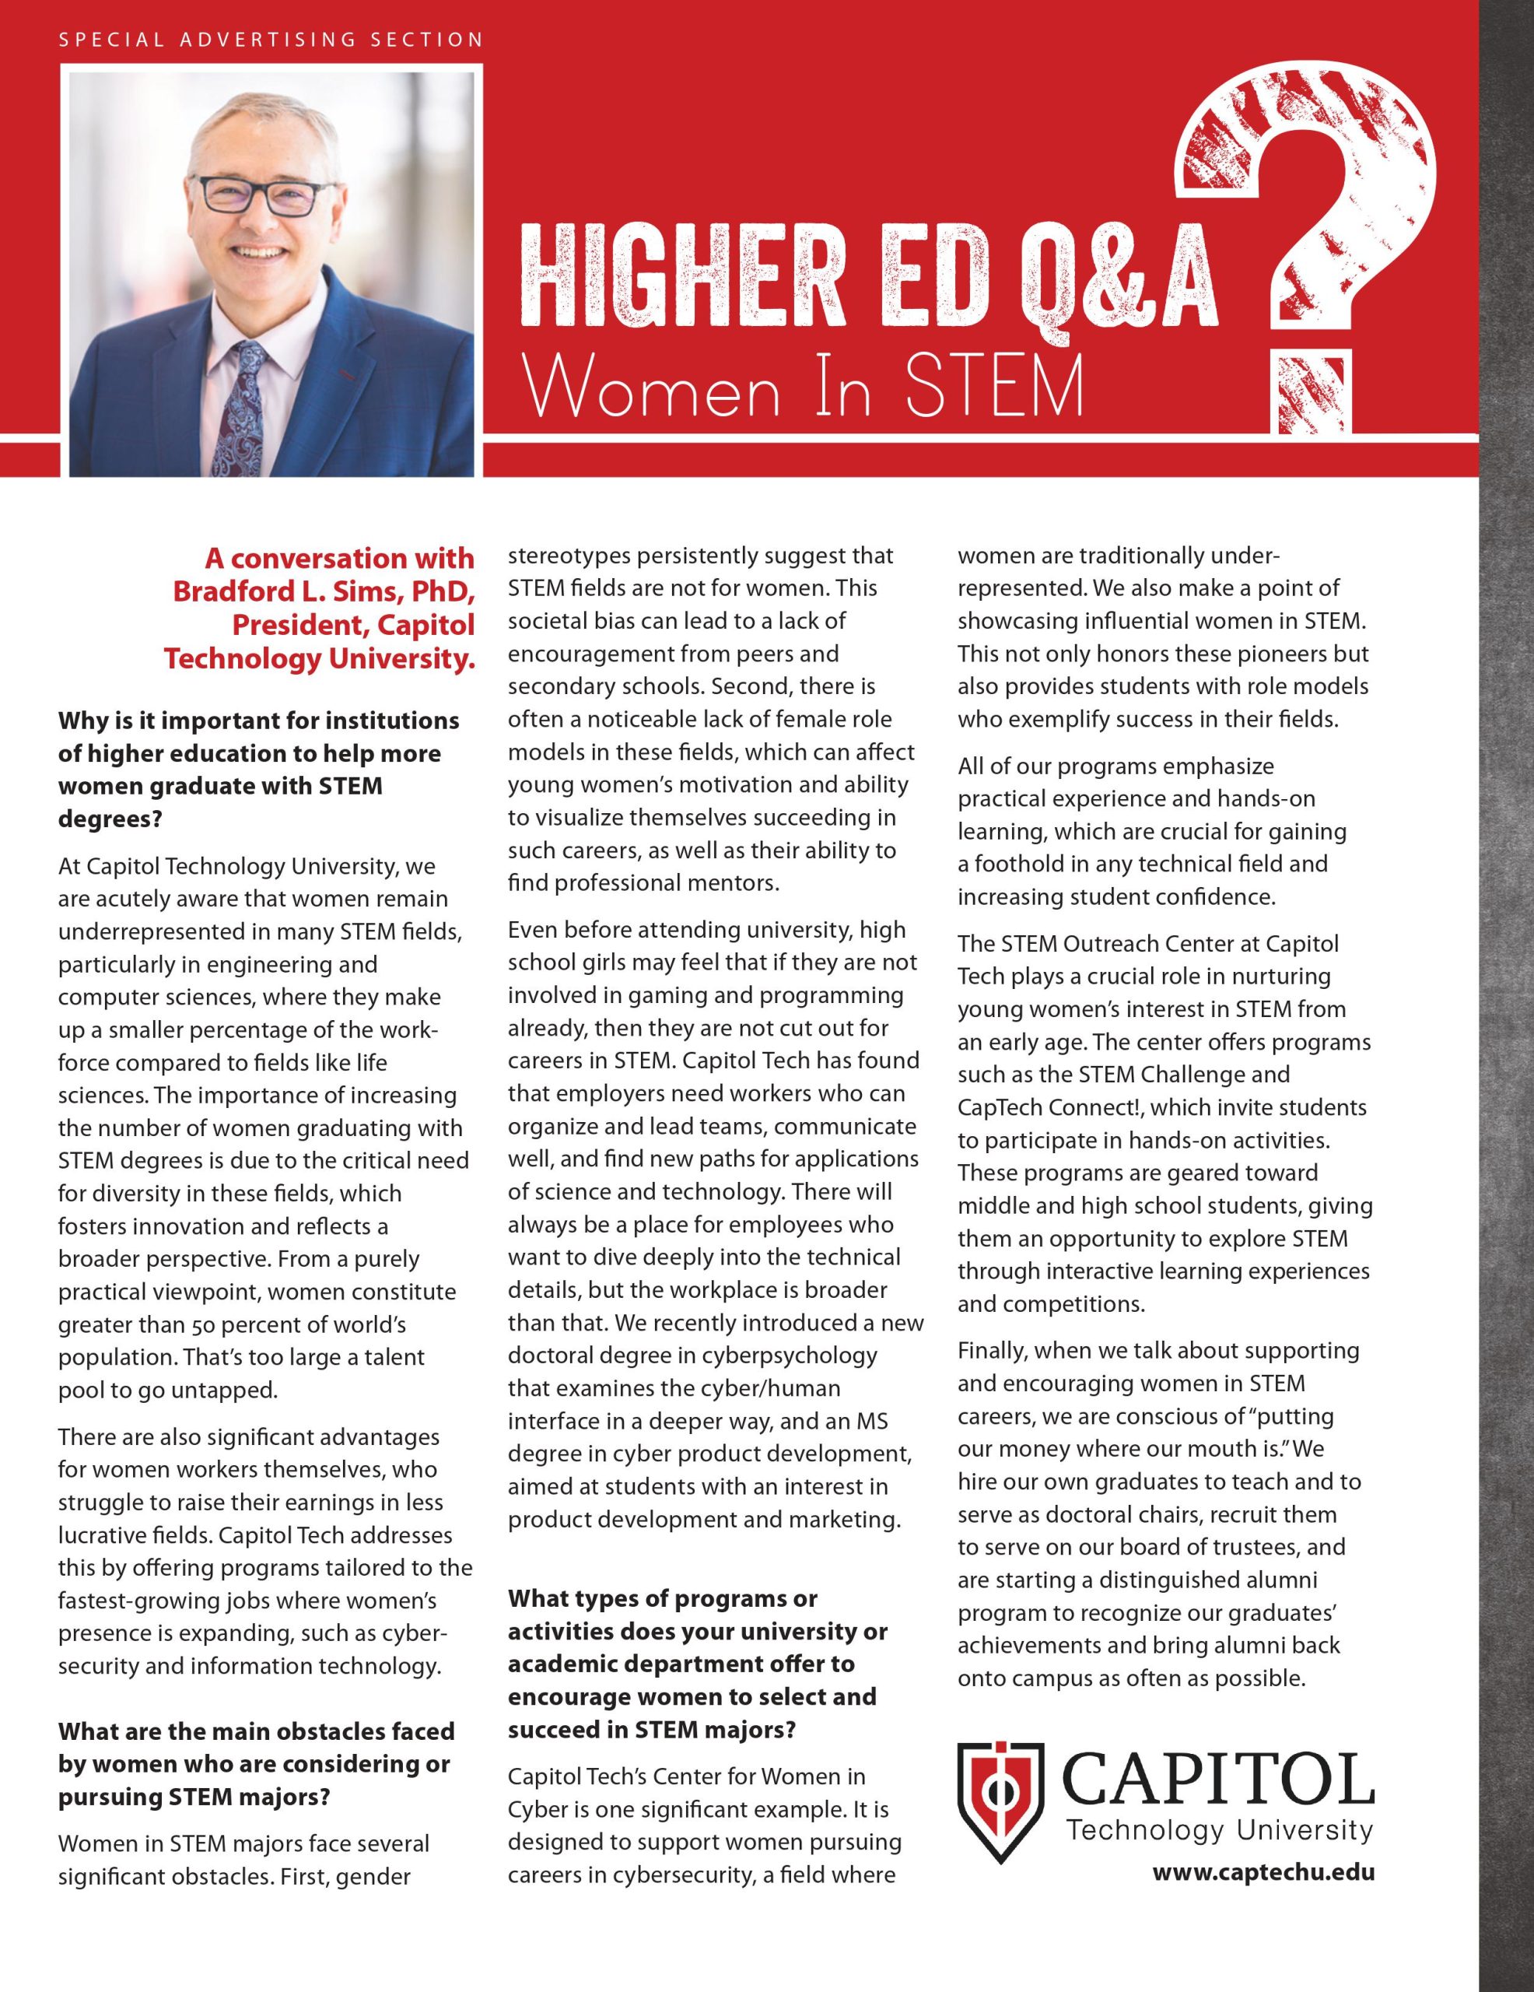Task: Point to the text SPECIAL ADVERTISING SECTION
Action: pyautogui.click(x=270, y=40)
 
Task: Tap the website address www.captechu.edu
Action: pyautogui.click(x=1263, y=1874)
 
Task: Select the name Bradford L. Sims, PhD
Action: pyautogui.click(x=324, y=591)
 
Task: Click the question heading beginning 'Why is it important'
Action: pyautogui.click(x=258, y=721)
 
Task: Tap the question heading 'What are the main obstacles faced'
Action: pyautogui.click(x=255, y=1731)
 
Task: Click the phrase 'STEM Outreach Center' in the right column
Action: pyautogui.click(x=1126, y=943)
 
